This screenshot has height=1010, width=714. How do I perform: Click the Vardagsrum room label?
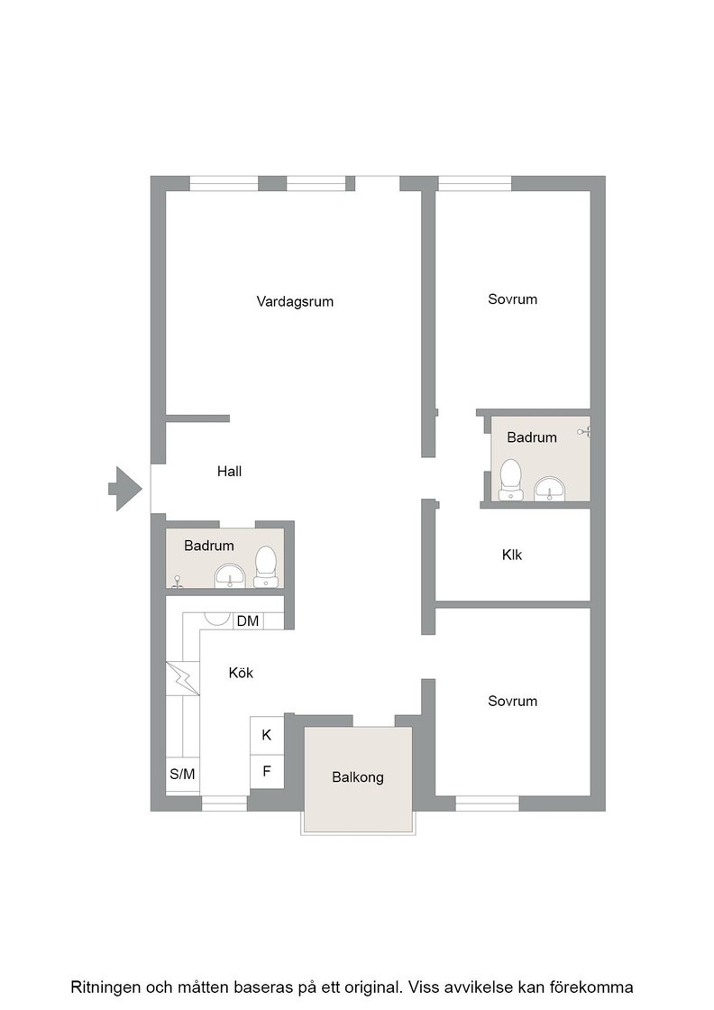[x=295, y=301]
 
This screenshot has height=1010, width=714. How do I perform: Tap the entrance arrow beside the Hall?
[x=125, y=489]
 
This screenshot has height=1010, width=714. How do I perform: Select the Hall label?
[x=229, y=472]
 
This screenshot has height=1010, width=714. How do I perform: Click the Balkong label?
[x=357, y=777]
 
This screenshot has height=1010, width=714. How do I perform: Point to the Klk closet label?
[x=512, y=555]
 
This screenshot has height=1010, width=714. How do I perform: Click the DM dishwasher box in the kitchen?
[x=248, y=621]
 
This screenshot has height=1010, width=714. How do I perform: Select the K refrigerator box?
[x=267, y=735]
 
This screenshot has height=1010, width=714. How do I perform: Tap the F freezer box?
[x=267, y=771]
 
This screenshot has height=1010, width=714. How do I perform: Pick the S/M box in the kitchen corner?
[x=182, y=775]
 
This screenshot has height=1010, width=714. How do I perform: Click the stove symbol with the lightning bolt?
[x=183, y=679]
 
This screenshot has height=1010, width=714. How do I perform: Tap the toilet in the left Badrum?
[x=265, y=567]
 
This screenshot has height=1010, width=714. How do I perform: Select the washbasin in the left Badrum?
[x=230, y=576]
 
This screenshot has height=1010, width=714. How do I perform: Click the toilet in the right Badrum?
[x=511, y=480]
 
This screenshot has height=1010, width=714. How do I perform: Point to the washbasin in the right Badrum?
[x=549, y=488]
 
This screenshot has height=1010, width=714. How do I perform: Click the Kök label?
[x=241, y=673]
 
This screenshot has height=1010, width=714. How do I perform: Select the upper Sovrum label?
[x=512, y=299]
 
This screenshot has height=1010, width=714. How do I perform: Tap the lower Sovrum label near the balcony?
[x=512, y=702]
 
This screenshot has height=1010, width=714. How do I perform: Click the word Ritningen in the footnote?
[x=105, y=987]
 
